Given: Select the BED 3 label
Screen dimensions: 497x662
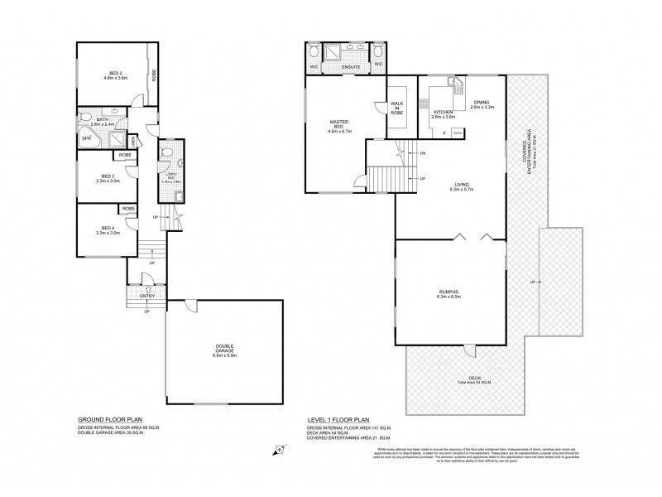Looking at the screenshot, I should click(x=107, y=176).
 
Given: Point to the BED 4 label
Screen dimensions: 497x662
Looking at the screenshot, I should click(x=106, y=227).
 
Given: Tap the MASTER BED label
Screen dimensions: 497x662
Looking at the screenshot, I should click(x=334, y=126).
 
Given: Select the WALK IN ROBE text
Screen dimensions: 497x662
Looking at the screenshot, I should click(x=397, y=107).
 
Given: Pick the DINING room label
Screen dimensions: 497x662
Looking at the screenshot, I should click(x=482, y=102).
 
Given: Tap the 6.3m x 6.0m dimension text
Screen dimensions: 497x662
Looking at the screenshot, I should click(x=449, y=297).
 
